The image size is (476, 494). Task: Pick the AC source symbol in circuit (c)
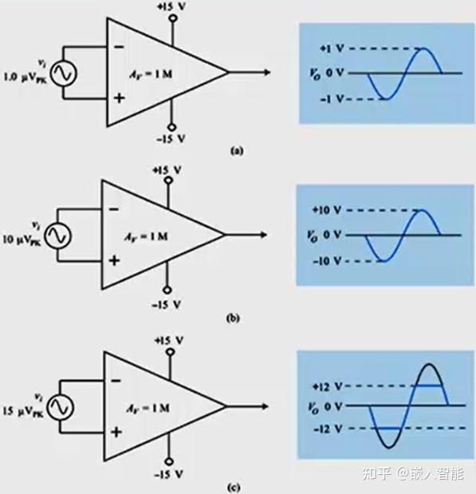(57, 407)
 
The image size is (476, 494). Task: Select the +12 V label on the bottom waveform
(328, 386)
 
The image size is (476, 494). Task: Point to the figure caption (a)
(235, 149)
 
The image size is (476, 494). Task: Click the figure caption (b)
(233, 318)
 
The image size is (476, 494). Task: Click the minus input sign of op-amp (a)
(119, 46)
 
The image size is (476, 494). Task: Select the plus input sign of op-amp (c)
(116, 432)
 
